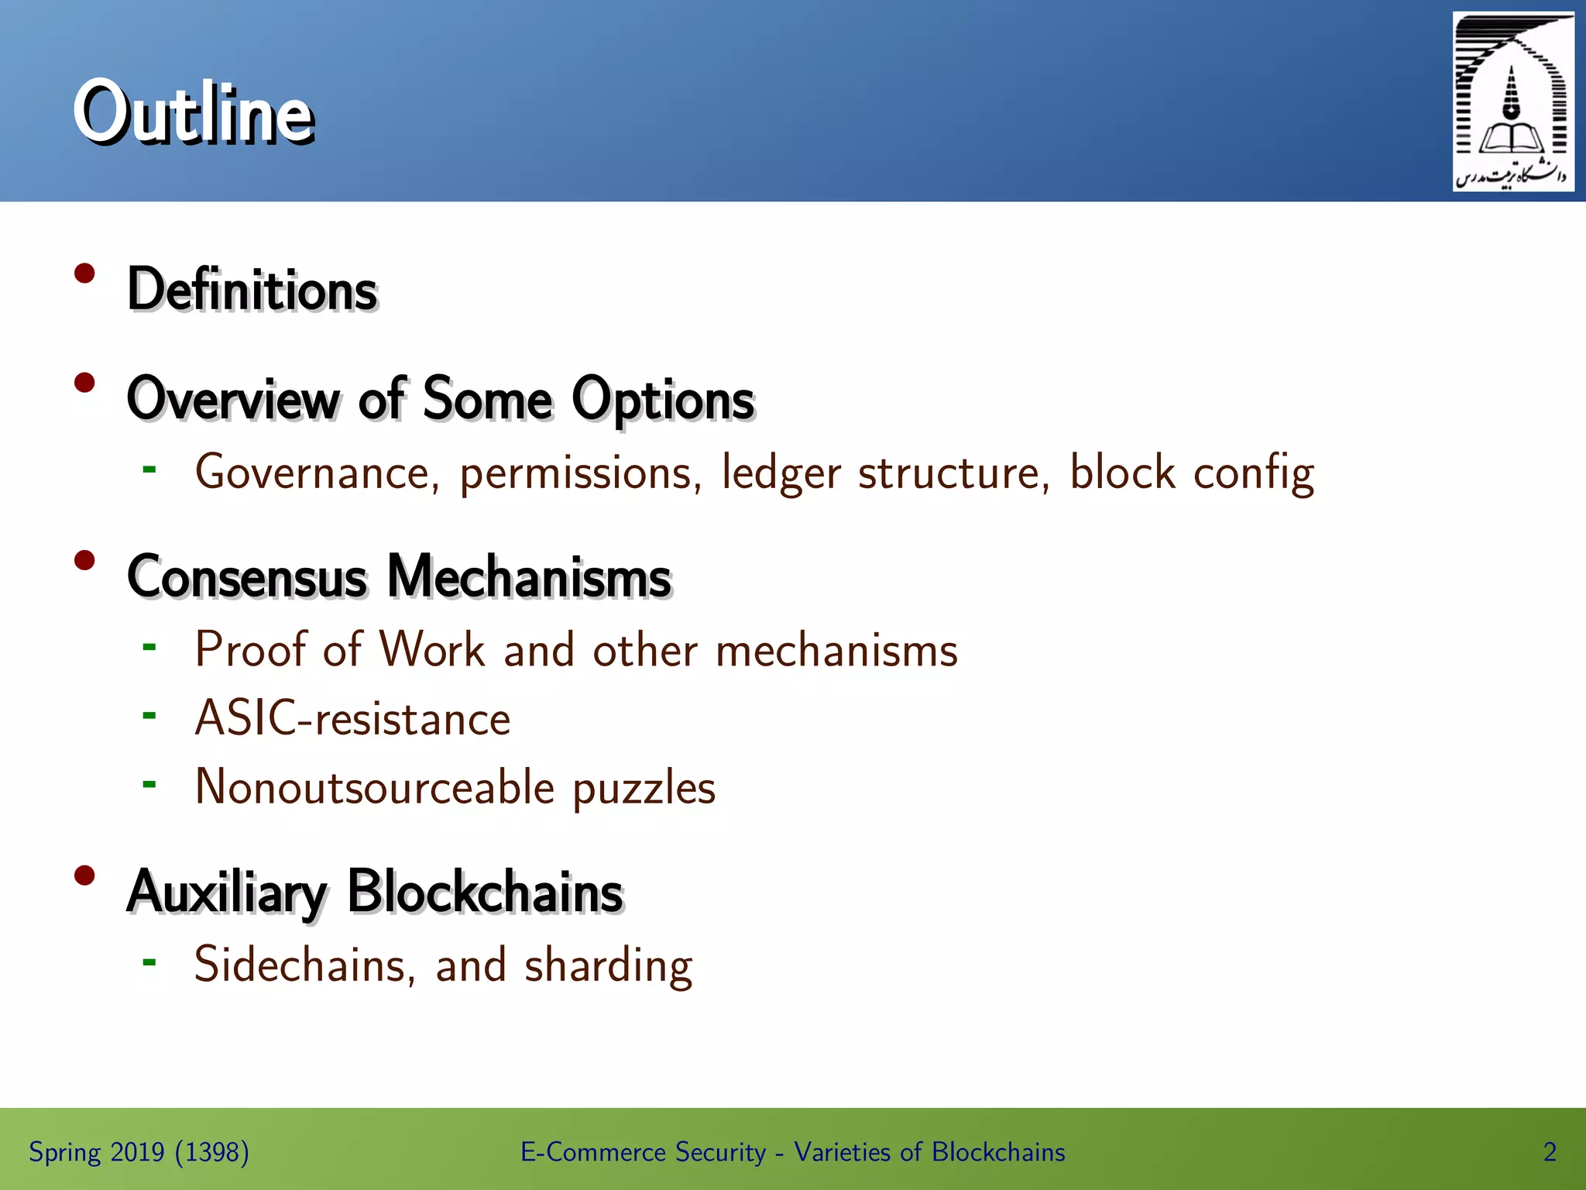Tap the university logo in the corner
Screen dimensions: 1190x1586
pos(1512,101)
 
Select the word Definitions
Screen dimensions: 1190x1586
pos(252,289)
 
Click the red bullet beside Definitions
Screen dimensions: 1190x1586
pos(84,273)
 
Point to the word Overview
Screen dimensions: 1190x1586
pos(232,399)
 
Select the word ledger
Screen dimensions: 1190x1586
pos(781,473)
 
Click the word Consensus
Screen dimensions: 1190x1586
pos(247,577)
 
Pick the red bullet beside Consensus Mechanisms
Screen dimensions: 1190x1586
pos(84,560)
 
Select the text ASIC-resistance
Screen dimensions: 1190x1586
pos(352,718)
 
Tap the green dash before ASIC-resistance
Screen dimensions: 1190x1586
pos(149,715)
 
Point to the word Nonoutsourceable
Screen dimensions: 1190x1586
pos(375,787)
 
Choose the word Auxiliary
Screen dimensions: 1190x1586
pos(227,892)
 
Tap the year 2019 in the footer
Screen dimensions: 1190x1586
pos(137,1152)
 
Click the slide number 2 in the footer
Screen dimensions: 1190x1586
pos(1550,1152)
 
